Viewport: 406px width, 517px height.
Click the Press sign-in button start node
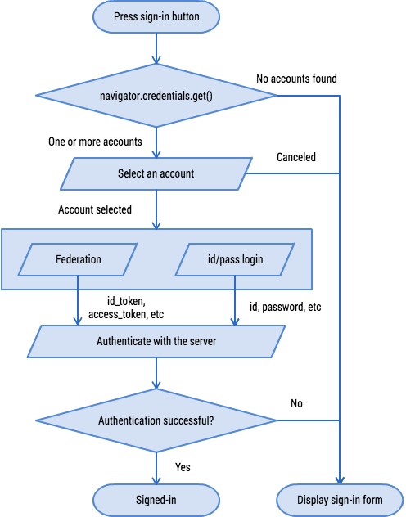pos(156,16)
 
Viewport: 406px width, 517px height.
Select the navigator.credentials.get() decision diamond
pos(156,96)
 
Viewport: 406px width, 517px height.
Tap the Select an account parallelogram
pos(156,173)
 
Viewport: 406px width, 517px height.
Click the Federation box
pos(79,259)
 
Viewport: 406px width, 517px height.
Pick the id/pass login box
pos(236,259)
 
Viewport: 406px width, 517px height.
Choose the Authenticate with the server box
pos(156,341)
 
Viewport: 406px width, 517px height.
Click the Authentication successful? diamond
pos(156,420)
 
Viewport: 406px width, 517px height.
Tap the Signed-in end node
pos(156,499)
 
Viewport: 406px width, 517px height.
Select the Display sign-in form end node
pos(340,499)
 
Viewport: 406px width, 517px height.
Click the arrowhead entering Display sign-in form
pos(340,481)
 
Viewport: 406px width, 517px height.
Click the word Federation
pos(79,259)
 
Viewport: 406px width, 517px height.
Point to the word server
pos(201,341)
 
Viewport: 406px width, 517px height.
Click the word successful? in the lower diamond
pos(191,420)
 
